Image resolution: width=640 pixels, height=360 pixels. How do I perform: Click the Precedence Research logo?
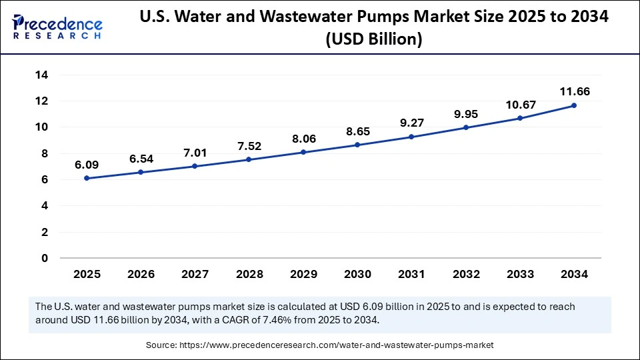pyautogui.click(x=57, y=27)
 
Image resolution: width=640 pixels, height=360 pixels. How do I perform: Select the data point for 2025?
pyautogui.click(x=87, y=178)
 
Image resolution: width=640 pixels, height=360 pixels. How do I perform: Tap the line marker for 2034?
pyautogui.click(x=574, y=105)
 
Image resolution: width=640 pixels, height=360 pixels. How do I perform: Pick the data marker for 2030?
pyautogui.click(x=357, y=145)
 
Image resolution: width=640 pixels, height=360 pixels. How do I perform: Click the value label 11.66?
pyautogui.click(x=574, y=91)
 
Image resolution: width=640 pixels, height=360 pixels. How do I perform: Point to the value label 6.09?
pyautogui.click(x=87, y=164)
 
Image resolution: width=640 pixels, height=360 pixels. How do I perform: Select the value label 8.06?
pyautogui.click(x=303, y=139)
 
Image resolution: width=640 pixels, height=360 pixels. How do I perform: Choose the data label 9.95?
pyautogui.click(x=466, y=114)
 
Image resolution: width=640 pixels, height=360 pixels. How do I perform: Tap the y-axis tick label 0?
pyautogui.click(x=44, y=258)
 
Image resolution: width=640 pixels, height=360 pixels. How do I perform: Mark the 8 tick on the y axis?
pyautogui.click(x=44, y=153)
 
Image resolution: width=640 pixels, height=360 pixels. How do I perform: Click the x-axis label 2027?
pyautogui.click(x=195, y=274)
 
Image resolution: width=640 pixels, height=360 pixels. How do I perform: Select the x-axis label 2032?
pyautogui.click(x=466, y=274)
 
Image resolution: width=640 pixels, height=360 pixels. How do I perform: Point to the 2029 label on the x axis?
pyautogui.click(x=303, y=274)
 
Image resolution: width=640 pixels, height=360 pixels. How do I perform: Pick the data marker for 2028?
pyautogui.click(x=249, y=159)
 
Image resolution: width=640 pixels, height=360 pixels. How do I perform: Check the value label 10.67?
pyautogui.click(x=520, y=105)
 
